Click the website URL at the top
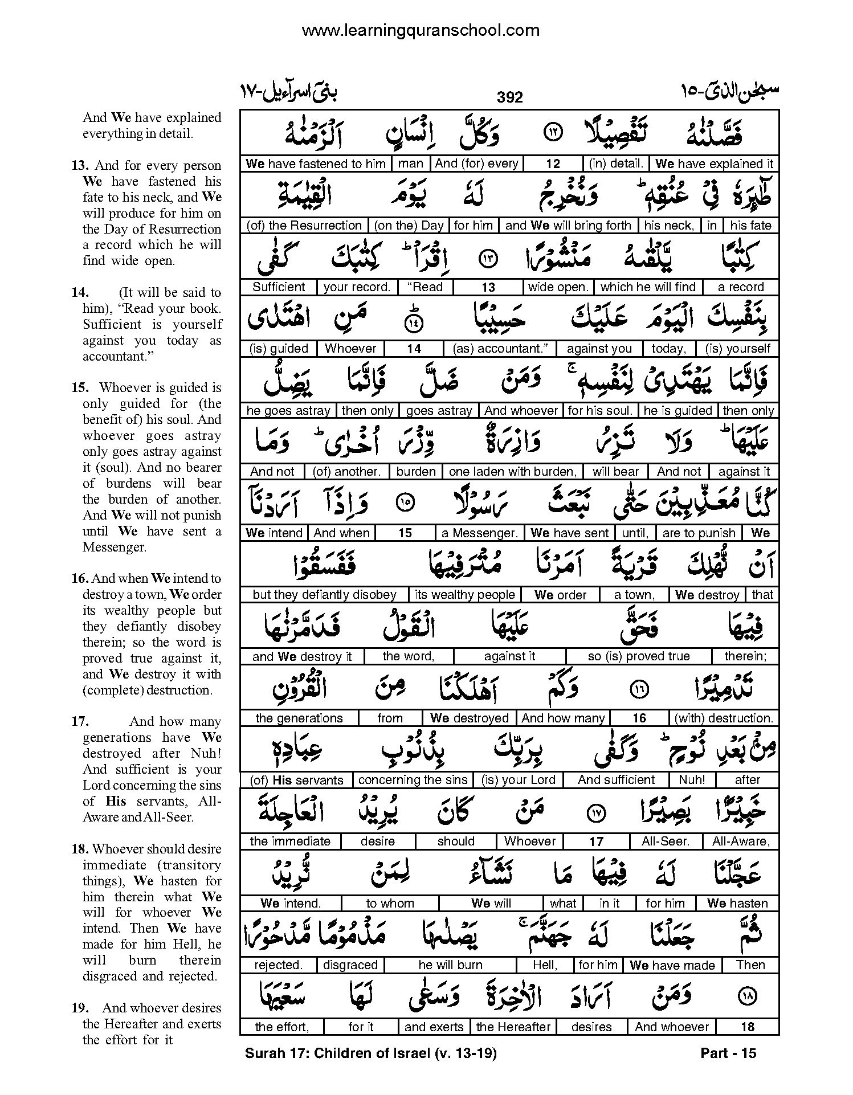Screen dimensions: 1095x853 (x=421, y=30)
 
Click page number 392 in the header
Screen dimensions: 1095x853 (x=509, y=97)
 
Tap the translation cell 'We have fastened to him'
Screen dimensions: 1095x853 (x=316, y=164)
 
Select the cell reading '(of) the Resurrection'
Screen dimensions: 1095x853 (x=304, y=226)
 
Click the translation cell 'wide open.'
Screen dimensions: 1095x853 (x=558, y=287)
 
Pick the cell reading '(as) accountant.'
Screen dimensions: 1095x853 (x=500, y=349)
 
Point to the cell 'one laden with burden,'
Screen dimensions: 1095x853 (x=512, y=472)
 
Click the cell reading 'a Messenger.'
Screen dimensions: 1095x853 (x=480, y=533)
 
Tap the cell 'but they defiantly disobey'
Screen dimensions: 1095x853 (x=324, y=595)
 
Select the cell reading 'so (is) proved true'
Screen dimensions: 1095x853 (x=638, y=656)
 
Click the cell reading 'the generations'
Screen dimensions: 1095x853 (x=299, y=718)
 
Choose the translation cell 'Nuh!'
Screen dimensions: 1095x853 (x=692, y=780)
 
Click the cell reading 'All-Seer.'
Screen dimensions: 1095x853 (x=665, y=841)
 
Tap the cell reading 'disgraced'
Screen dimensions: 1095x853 (x=350, y=965)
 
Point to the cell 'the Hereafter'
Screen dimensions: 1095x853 (x=513, y=1027)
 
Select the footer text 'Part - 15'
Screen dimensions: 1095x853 (x=728, y=1053)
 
